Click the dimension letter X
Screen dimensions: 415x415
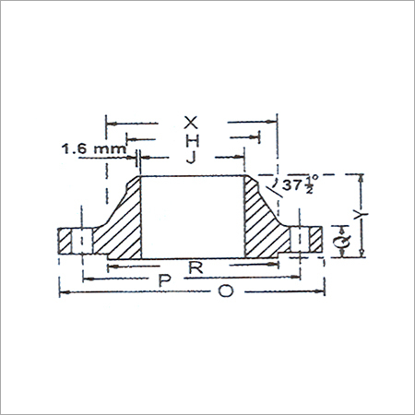tap(191, 122)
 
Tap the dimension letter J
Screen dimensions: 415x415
tap(191, 158)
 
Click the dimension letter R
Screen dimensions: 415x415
tap(195, 267)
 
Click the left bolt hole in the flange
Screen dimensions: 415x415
tap(80, 242)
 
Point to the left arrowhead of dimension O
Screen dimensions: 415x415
tap(63, 292)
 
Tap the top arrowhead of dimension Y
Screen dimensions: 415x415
tap(363, 176)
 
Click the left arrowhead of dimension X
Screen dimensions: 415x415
tap(110, 121)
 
